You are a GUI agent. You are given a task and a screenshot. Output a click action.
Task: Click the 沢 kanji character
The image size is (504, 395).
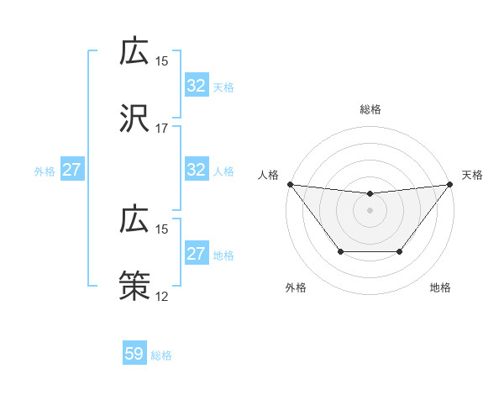coord(134,119)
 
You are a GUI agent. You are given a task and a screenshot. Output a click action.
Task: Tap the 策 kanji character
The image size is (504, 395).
coord(134,286)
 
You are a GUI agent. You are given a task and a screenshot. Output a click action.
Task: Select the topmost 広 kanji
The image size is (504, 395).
coord(134,52)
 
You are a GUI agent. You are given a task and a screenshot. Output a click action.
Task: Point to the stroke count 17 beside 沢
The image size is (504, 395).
coord(162,129)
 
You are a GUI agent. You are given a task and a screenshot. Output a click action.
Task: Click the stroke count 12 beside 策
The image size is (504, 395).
coord(162,296)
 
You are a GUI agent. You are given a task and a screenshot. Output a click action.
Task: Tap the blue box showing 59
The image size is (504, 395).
coord(134,354)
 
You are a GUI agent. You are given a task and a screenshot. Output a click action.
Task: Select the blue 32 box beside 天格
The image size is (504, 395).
coord(196,86)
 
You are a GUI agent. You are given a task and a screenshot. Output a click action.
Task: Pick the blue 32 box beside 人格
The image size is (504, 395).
coord(196,170)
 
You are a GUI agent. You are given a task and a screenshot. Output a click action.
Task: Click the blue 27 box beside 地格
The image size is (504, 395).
coord(196,254)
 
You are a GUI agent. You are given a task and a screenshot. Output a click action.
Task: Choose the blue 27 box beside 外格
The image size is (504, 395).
coord(72,170)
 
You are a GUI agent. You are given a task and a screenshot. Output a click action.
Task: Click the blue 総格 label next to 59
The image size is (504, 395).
coord(161,355)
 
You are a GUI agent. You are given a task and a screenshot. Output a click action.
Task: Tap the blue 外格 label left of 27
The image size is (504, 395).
coord(45,171)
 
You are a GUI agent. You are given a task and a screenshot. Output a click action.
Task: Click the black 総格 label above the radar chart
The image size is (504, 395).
coord(370,109)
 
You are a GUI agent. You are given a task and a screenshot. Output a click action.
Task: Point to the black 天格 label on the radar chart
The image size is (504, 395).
coord(472,175)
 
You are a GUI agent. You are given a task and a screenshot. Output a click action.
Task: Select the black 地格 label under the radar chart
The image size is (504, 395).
coord(440,287)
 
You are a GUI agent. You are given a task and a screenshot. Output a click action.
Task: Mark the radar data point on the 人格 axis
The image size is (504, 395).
coord(290,184)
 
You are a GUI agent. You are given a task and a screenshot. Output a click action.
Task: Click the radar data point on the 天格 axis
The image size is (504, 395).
coord(450,184)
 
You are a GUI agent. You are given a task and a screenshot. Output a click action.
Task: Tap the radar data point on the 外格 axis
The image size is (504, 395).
coord(340,251)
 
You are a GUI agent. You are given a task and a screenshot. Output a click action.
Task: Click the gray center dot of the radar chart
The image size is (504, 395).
coord(370,210)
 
